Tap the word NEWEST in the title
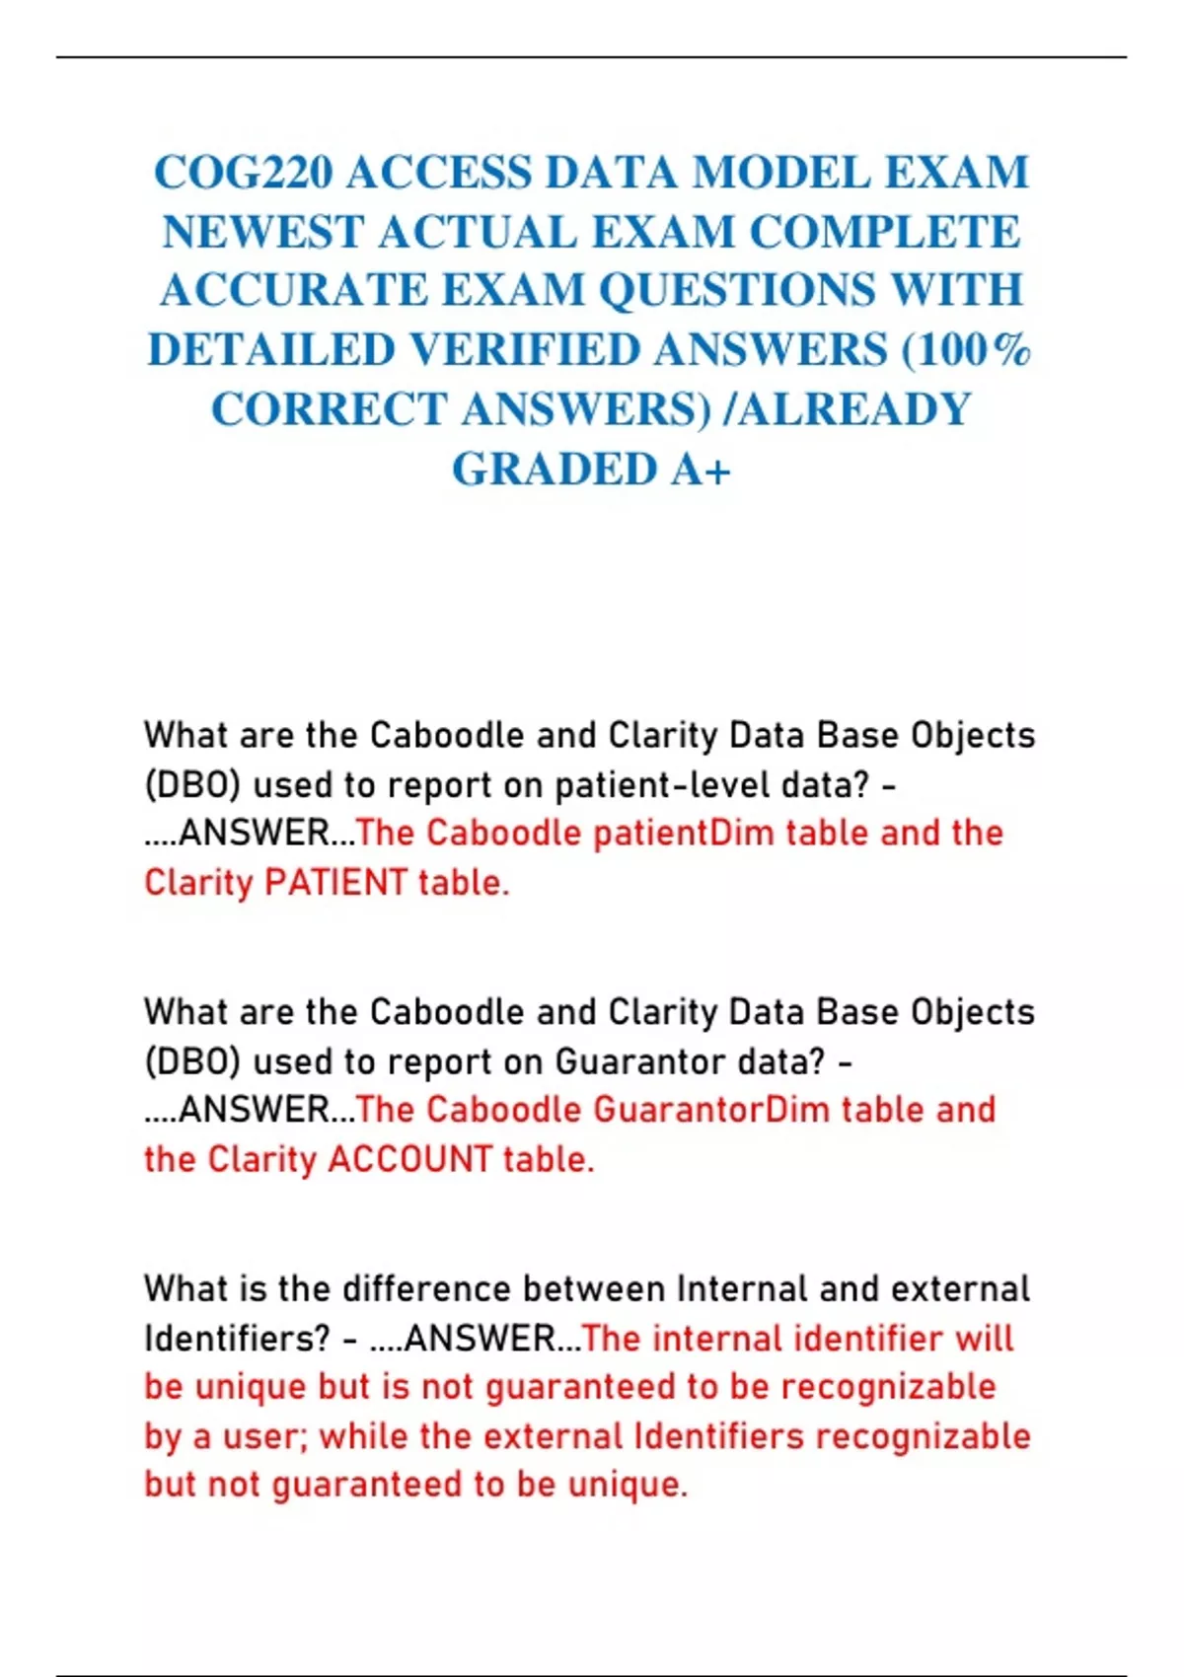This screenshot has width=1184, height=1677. (262, 232)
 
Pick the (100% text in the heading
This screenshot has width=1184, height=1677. (967, 350)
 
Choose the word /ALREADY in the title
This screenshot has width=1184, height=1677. (848, 409)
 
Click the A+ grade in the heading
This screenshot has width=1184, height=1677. (701, 470)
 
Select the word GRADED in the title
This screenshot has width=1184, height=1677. (555, 470)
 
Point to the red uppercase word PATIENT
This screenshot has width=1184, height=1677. (335, 882)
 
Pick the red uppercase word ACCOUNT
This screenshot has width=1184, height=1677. (409, 1159)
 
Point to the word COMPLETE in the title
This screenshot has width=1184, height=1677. (884, 232)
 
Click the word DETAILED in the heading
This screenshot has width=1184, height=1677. (271, 350)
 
